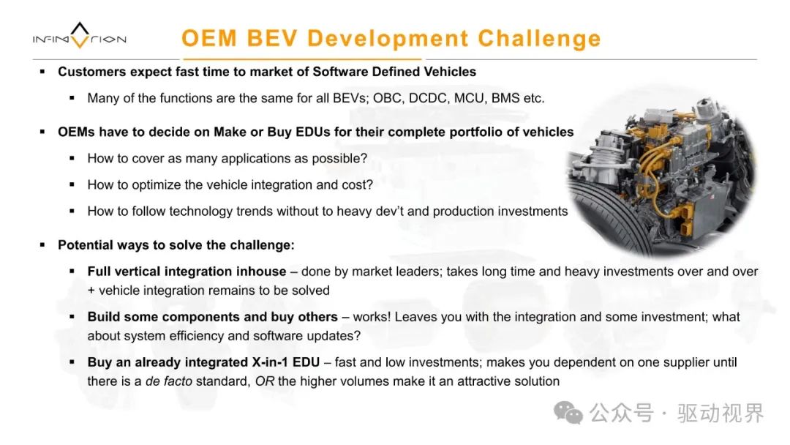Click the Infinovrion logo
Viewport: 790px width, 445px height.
(80, 36)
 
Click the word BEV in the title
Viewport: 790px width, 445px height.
(273, 38)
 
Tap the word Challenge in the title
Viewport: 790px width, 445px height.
(539, 39)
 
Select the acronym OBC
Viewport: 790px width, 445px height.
(388, 98)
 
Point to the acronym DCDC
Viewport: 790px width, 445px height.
(428, 98)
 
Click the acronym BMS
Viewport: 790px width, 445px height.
(505, 98)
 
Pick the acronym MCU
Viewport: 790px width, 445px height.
(470, 98)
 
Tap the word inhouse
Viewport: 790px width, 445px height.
(260, 272)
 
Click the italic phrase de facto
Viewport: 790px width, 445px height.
(169, 381)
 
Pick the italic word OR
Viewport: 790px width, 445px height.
(265, 381)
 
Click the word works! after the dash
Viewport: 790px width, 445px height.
(372, 317)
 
